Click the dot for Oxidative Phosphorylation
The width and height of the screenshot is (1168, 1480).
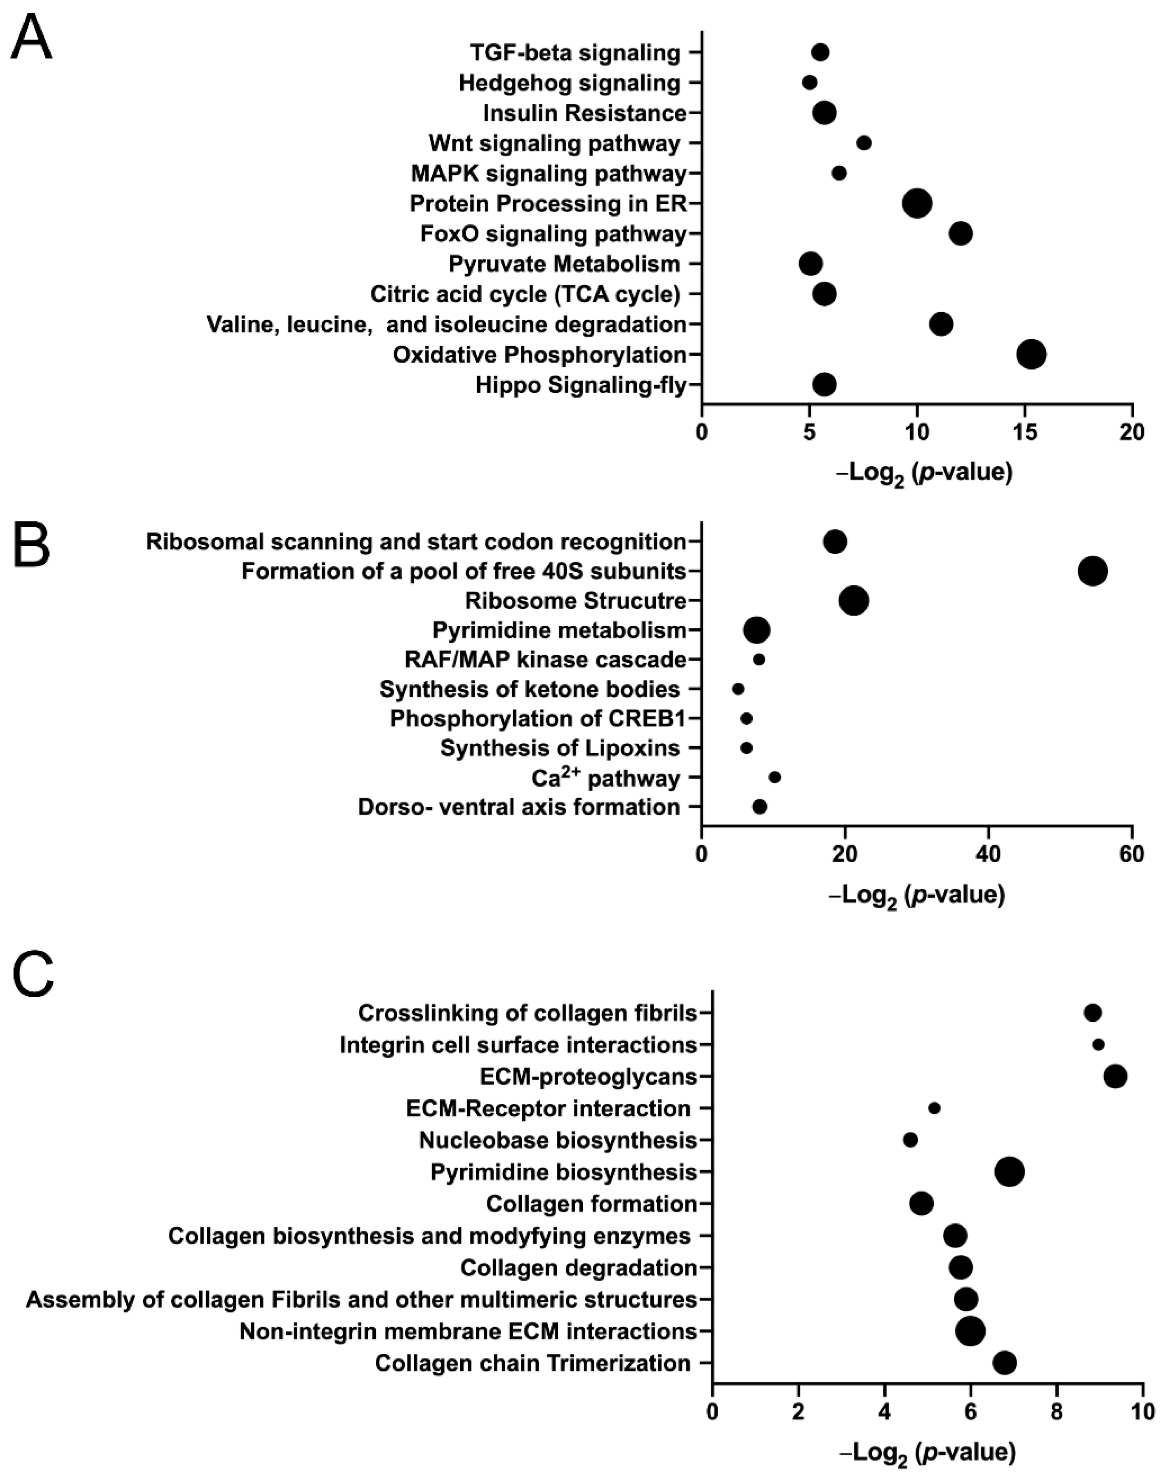[1031, 354]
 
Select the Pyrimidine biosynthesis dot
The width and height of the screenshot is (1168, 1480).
[1009, 1171]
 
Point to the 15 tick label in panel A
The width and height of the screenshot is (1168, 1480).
[1024, 433]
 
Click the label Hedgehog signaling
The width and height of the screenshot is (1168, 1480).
[570, 83]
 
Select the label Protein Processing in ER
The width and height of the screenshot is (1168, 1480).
[548, 204]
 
